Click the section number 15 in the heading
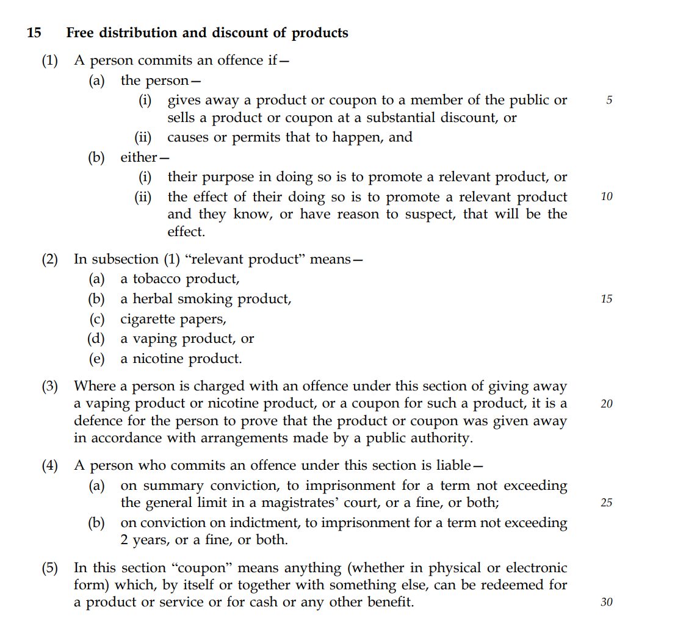click(34, 33)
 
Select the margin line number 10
click(607, 197)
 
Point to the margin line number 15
click(607, 299)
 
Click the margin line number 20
click(607, 404)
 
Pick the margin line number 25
click(607, 503)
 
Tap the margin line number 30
click(607, 603)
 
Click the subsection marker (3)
click(50, 386)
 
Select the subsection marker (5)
click(50, 568)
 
